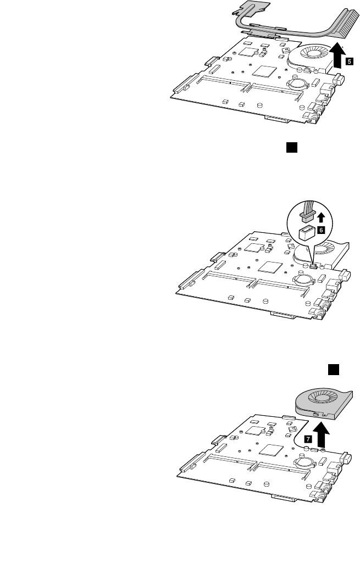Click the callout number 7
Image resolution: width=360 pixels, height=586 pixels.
point(308,439)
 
